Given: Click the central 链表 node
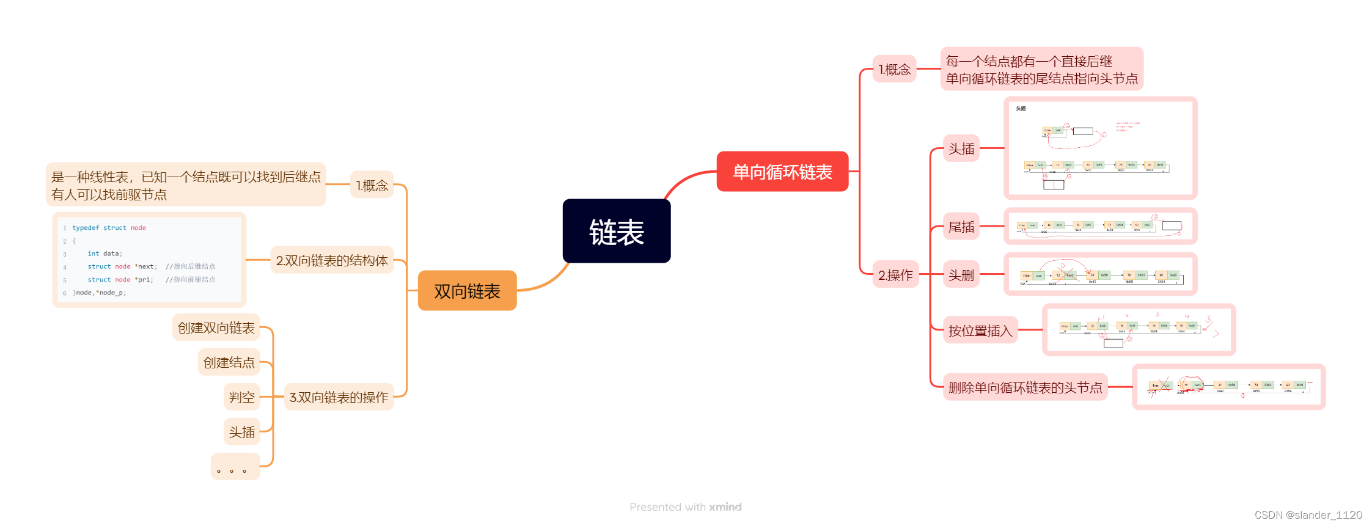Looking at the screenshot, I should (616, 231).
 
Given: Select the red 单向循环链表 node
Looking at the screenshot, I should (782, 172).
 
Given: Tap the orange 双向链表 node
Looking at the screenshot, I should (467, 291).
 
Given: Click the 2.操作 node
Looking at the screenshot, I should (895, 275).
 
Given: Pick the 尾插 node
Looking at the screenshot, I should (961, 227).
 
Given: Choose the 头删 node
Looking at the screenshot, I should (961, 275).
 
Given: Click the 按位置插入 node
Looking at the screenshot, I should (980, 331).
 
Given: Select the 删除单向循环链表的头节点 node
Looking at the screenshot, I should (1025, 387).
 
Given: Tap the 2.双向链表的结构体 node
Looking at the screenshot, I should (332, 260).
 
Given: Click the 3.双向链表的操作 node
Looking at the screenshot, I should (339, 397).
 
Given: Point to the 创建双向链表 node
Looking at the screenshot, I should (216, 327).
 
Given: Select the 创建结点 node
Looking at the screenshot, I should (229, 362).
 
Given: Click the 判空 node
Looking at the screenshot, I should (242, 397).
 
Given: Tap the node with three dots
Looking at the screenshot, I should (235, 467).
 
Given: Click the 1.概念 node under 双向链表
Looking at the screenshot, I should (372, 185).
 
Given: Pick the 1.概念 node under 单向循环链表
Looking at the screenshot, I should (895, 69).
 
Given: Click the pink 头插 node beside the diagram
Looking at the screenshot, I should (961, 148).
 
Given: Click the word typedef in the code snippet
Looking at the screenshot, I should (86, 228).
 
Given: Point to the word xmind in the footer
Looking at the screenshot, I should (725, 507).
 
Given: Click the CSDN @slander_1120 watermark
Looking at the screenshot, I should (1308, 515).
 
